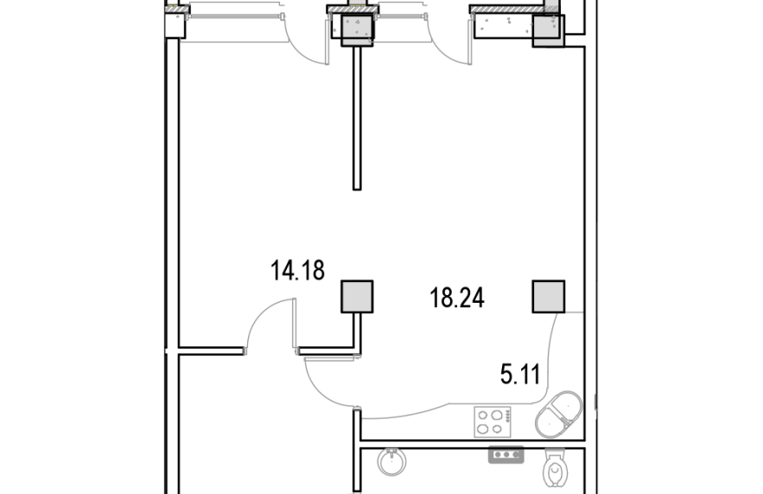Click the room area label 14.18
[x=297, y=271]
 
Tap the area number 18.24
[x=457, y=298]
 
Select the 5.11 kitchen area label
[x=520, y=375]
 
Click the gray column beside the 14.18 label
[x=357, y=296]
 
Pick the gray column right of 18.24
[x=549, y=296]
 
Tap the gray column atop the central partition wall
[x=357, y=30]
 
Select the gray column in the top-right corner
[x=549, y=30]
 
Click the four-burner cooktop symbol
[x=493, y=422]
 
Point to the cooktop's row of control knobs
[x=507, y=415]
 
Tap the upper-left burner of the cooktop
[x=483, y=415]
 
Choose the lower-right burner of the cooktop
[x=496, y=429]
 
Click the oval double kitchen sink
[x=558, y=414]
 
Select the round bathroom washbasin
[x=391, y=461]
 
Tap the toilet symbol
[x=555, y=469]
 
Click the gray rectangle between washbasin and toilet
[x=506, y=454]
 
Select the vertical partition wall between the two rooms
[x=357, y=118]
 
